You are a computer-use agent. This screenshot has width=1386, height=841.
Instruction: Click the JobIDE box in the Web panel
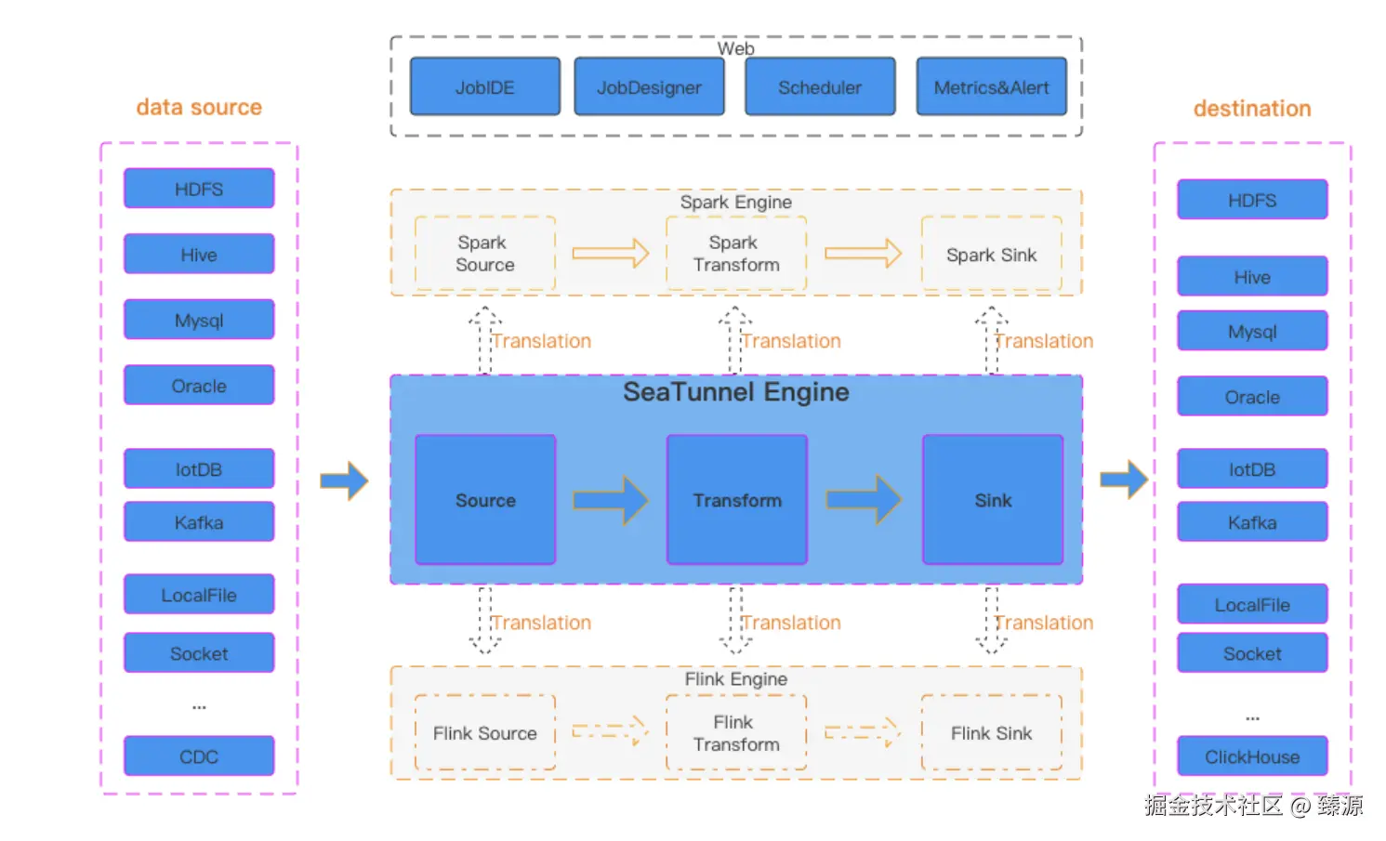click(484, 87)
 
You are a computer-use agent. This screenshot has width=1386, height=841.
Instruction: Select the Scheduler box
click(819, 87)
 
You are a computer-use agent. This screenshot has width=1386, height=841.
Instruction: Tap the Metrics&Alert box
click(991, 87)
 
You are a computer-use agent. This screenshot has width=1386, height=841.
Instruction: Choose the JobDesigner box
click(649, 87)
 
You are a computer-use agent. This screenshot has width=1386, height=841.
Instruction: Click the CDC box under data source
click(199, 756)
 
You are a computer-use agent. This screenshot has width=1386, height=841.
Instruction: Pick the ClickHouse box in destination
click(1251, 756)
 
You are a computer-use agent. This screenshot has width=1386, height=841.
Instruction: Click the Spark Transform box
click(736, 254)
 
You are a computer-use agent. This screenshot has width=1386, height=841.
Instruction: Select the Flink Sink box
click(991, 733)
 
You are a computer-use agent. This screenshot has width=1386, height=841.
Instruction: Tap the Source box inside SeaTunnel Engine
click(485, 500)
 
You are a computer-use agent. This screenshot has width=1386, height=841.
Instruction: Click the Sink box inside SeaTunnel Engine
click(993, 500)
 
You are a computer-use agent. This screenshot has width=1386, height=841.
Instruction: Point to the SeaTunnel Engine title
click(735, 392)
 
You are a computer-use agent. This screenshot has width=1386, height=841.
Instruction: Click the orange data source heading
click(199, 108)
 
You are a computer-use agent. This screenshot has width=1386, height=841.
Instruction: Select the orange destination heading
click(1251, 109)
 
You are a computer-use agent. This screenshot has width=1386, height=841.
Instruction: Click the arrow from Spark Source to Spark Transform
click(610, 253)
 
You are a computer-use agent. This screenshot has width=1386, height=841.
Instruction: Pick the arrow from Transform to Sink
click(864, 500)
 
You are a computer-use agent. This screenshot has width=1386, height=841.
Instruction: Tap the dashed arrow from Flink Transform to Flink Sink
click(863, 731)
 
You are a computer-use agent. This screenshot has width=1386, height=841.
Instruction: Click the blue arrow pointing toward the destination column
click(1124, 480)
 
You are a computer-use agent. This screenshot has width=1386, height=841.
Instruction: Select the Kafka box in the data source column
click(199, 522)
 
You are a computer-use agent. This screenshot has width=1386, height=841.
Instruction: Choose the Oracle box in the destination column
click(1251, 397)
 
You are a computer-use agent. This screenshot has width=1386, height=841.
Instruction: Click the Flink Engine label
click(735, 679)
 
